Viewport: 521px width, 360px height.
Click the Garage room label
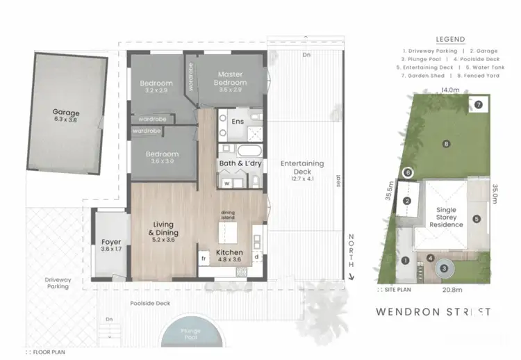(66, 112)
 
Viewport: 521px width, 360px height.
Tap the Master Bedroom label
(229, 79)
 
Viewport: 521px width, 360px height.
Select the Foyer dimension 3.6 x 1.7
(111, 249)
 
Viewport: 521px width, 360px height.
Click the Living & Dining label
(166, 228)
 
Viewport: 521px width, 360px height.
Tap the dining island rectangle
(229, 229)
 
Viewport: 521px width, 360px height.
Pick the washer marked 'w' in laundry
(226, 183)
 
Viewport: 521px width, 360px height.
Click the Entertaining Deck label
(302, 167)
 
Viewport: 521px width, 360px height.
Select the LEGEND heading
(449, 40)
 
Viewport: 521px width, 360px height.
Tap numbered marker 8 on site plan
(447, 143)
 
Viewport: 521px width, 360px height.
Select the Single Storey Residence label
(445, 218)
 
